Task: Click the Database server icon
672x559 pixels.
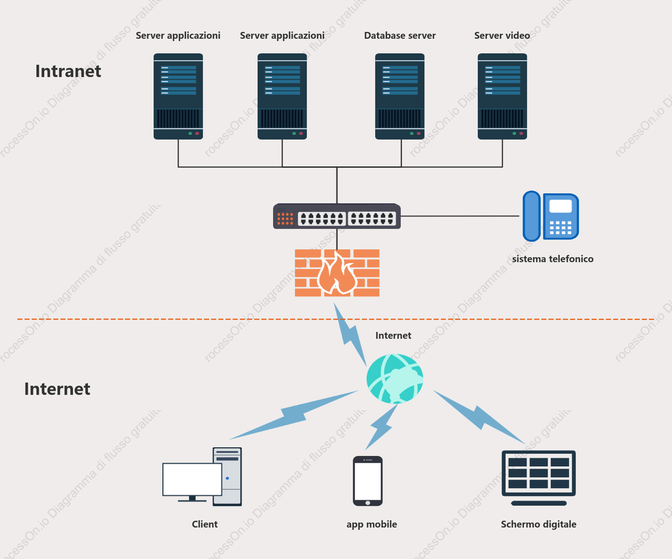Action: tap(400, 96)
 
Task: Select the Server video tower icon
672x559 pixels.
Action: tap(502, 96)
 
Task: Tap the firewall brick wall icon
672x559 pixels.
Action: tap(337, 273)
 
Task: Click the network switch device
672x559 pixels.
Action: tap(337, 216)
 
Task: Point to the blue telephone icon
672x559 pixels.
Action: tap(551, 216)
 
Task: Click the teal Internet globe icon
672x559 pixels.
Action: tap(395, 378)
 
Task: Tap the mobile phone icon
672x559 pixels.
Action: tap(367, 481)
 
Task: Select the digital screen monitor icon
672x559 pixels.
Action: tap(538, 478)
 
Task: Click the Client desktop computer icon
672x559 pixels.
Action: tap(202, 476)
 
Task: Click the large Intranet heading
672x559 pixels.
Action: tap(68, 71)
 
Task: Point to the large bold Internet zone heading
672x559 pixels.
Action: tap(57, 389)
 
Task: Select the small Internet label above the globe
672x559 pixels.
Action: tap(393, 336)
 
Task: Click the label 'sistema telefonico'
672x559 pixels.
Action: tap(553, 259)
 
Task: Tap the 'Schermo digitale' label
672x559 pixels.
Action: tap(538, 524)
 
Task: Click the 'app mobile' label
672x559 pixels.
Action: tap(372, 524)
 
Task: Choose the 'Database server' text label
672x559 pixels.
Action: tap(400, 36)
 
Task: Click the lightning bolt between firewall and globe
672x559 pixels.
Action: tap(350, 335)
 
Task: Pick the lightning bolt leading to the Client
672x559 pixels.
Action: tap(294, 415)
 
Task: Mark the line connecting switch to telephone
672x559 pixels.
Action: tap(460, 216)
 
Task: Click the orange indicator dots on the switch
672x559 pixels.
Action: tap(285, 218)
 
